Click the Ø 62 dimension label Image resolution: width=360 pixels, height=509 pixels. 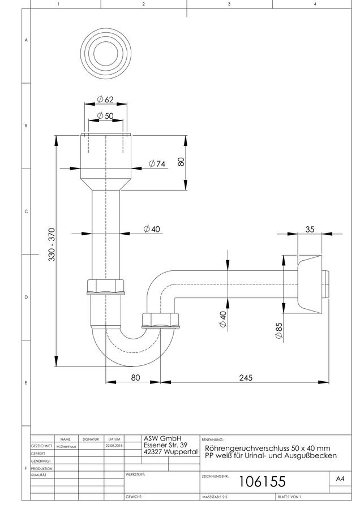[105, 100]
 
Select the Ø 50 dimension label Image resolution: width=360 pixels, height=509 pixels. [105, 115]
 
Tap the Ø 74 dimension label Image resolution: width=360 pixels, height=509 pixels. [157, 163]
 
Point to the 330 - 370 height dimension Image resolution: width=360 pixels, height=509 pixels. [52, 244]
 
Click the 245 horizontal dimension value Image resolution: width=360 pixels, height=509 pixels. [246, 378]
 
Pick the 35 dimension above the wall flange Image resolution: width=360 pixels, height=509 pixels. [310, 229]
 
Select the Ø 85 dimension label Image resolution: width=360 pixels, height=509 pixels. [279, 330]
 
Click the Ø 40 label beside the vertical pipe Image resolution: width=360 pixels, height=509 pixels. [152, 229]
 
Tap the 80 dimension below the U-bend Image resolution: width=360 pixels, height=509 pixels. [135, 378]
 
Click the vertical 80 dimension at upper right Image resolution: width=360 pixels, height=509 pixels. [181, 161]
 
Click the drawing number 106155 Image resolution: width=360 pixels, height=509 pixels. [262, 481]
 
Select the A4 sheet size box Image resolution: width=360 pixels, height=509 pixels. [340, 478]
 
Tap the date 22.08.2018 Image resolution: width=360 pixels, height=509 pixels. [114, 446]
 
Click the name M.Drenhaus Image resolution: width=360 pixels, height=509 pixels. [66, 446]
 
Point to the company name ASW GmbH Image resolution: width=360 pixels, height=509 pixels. [162, 438]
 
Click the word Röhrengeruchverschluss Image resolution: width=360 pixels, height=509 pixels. [247, 448]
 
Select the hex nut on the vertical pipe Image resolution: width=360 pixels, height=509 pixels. [106, 287]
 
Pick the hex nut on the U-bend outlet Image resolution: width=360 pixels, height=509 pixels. [161, 321]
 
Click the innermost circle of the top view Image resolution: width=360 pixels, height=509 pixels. [106, 53]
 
